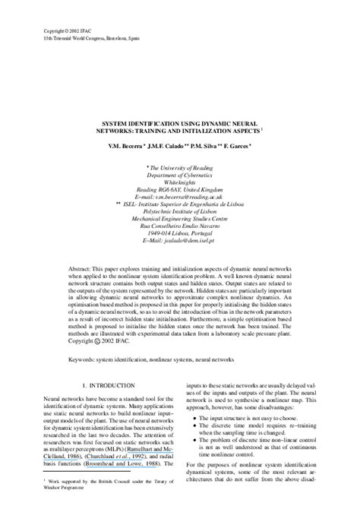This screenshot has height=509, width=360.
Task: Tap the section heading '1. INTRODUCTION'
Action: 109,387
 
